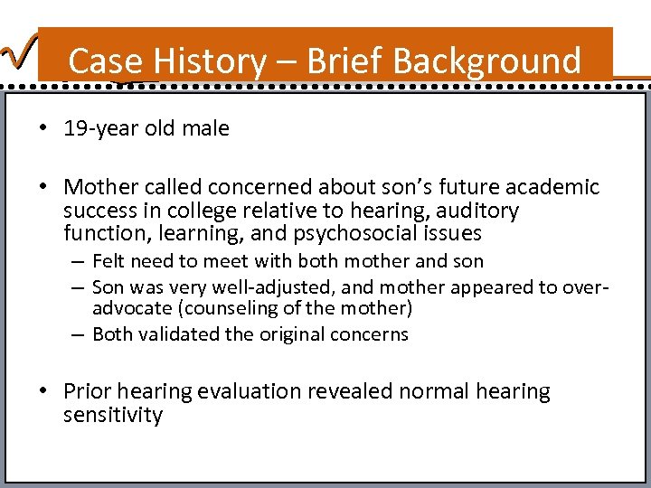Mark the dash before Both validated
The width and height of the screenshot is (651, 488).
pyautogui.click(x=80, y=334)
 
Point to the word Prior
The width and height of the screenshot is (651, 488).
pyautogui.click(x=88, y=391)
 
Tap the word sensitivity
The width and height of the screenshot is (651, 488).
pyautogui.click(x=113, y=415)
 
